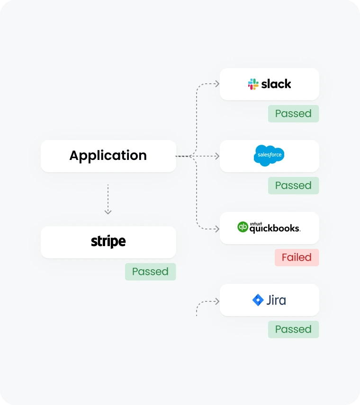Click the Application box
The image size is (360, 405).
coord(108,156)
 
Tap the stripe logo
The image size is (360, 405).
coord(108,242)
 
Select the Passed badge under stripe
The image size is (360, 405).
coord(150,272)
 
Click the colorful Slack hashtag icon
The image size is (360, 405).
coord(253,84)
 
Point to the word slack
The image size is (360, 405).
coord(276,84)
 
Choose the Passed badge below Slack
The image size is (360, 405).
coord(293,114)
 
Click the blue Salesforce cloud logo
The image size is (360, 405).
coord(269,156)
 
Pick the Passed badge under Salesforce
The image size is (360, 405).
coord(293,185)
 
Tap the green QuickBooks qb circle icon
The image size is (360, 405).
coord(243,227)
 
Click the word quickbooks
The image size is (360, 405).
coord(275,229)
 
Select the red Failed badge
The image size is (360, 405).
coord(297,257)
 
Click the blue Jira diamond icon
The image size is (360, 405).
coord(258,300)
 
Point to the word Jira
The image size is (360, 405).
coord(276,300)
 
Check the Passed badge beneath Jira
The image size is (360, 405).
coord(293,329)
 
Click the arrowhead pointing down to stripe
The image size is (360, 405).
coord(108,211)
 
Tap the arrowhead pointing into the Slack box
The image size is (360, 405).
coord(217,84)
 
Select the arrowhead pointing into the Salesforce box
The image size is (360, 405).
coord(217,156)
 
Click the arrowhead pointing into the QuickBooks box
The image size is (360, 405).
coord(217,229)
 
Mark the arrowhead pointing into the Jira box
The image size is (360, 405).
coord(217,301)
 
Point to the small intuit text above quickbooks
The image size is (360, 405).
coord(256,223)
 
